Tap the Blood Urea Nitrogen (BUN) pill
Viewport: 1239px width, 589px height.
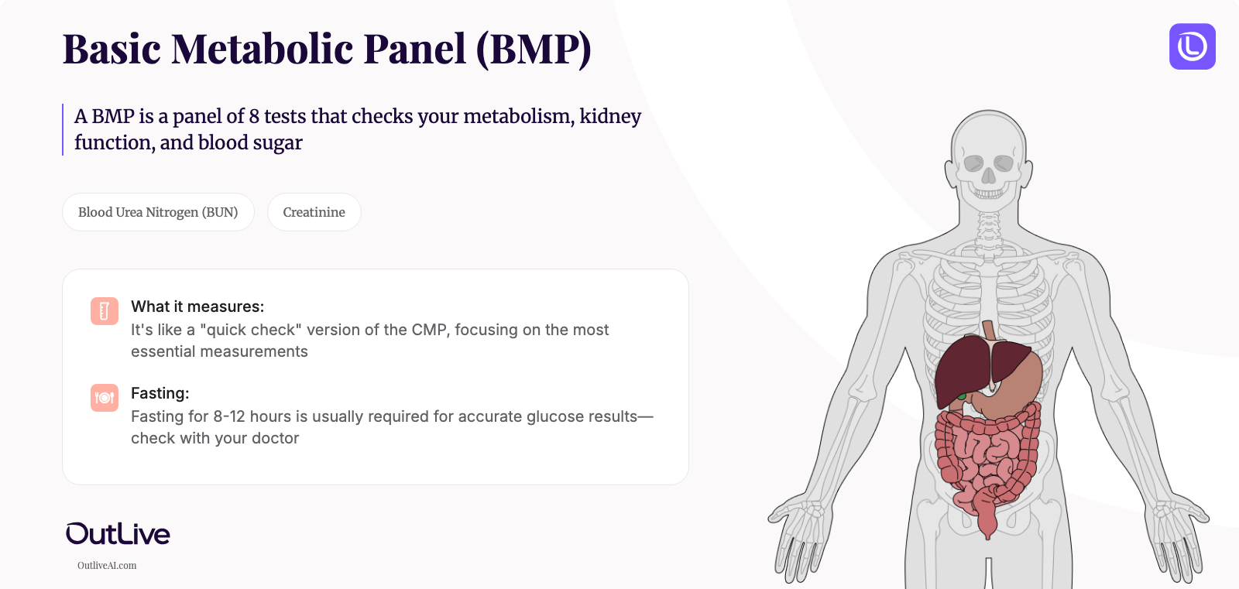(x=158, y=212)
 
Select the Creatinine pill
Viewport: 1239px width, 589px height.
(x=314, y=212)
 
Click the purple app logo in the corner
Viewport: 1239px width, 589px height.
(x=1192, y=46)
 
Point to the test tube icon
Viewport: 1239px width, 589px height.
(x=105, y=311)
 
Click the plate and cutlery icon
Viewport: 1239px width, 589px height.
(x=105, y=398)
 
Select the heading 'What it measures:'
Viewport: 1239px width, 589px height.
(x=197, y=306)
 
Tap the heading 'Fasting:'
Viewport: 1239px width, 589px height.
(x=160, y=393)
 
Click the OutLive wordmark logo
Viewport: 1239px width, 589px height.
(x=118, y=533)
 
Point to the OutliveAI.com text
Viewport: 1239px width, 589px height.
(x=107, y=566)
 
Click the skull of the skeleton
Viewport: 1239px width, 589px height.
(x=988, y=155)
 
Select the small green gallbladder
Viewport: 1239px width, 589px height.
(x=962, y=396)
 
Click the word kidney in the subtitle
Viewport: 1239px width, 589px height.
(x=610, y=116)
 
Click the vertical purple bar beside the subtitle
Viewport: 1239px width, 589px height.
(x=63, y=129)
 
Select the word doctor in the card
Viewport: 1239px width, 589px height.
(x=275, y=438)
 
